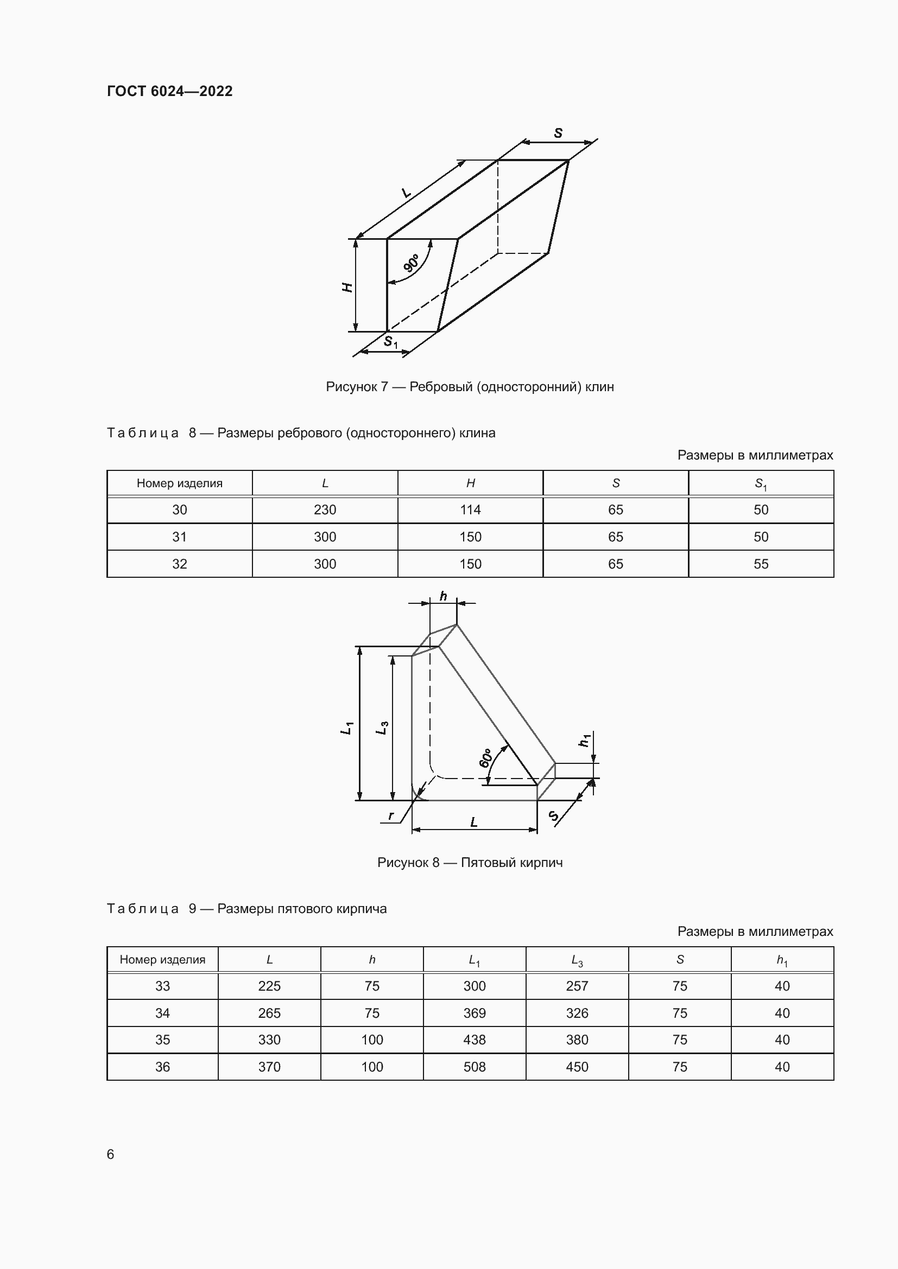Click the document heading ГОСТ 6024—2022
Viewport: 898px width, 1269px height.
tap(170, 91)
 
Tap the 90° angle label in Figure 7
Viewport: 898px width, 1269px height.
tap(412, 263)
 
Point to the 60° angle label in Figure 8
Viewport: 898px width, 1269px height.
tap(485, 758)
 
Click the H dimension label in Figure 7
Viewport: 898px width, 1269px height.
tap(347, 287)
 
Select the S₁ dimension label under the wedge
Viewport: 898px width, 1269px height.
tap(390, 342)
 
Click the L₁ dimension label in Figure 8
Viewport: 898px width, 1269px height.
tap(347, 728)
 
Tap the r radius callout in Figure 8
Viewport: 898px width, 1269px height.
tap(391, 815)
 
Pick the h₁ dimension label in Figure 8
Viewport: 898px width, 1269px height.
tap(585, 739)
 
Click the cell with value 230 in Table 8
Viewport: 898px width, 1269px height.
tap(325, 509)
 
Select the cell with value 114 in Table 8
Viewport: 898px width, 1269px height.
tap(470, 509)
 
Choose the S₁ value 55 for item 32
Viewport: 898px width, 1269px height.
tap(761, 564)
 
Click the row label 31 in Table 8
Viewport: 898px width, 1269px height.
tap(179, 537)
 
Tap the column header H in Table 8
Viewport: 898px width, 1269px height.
tap(470, 483)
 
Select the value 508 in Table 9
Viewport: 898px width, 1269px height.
tap(475, 1067)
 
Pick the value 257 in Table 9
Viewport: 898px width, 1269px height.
tap(577, 986)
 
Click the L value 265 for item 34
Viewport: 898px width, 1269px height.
tap(269, 1013)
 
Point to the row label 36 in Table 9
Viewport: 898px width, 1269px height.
tap(162, 1067)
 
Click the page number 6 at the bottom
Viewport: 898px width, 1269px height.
tap(111, 1154)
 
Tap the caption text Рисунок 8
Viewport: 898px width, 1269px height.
tap(408, 862)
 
